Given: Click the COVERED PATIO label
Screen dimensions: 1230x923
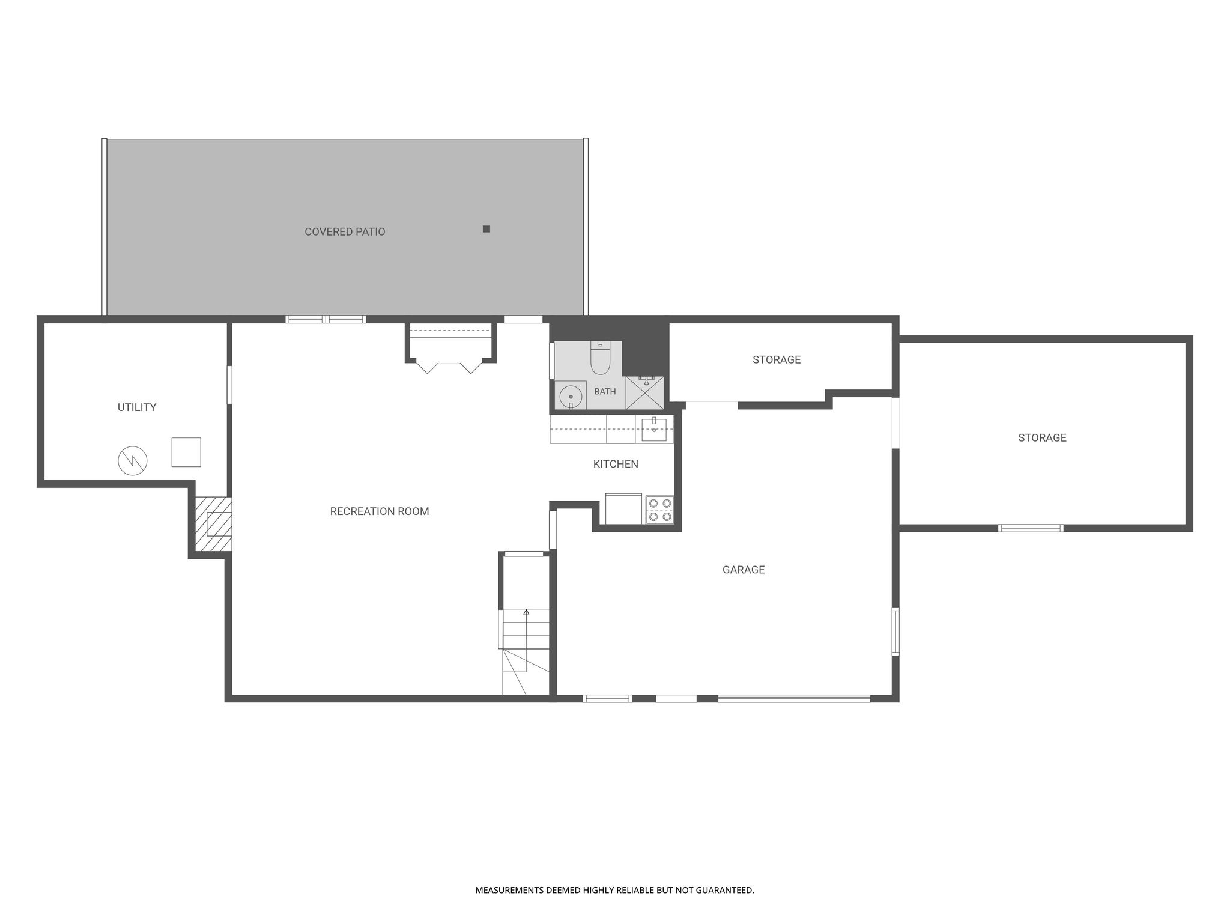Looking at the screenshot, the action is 345,231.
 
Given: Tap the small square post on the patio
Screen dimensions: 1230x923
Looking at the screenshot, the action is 486,229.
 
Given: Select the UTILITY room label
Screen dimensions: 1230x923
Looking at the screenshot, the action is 137,407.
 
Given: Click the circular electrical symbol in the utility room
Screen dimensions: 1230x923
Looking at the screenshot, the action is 132,461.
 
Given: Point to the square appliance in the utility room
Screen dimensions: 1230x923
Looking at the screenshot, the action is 186,452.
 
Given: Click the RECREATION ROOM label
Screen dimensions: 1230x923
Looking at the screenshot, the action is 380,511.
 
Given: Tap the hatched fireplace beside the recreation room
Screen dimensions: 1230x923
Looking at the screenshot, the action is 214,524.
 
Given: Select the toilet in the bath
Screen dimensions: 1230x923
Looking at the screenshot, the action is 601,358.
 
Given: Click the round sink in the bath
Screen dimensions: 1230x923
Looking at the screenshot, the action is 571,397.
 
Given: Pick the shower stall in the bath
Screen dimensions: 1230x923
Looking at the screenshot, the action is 644,393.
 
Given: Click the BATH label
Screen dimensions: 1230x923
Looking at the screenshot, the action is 605,392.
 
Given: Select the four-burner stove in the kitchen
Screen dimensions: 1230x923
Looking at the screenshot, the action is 659,510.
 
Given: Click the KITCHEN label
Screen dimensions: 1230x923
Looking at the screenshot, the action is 616,464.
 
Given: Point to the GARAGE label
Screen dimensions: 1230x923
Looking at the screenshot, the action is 744,570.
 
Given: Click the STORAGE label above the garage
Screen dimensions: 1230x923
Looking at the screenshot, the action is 777,360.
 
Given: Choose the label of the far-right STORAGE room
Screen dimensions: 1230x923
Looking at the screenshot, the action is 1042,438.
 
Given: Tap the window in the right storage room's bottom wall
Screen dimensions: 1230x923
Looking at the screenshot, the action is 1031,528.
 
